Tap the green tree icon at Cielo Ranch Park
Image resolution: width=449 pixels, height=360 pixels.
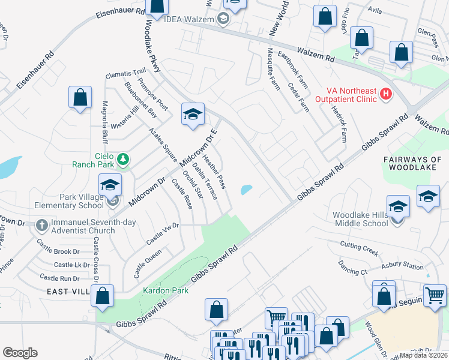tap(123, 158)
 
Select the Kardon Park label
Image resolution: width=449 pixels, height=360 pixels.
tap(166, 290)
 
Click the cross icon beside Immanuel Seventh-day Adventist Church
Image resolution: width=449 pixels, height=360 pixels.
tap(41, 226)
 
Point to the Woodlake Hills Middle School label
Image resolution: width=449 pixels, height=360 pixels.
tap(360, 219)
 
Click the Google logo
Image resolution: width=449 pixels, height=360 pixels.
tap(20, 352)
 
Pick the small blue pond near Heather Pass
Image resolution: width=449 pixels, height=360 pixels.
tap(246, 190)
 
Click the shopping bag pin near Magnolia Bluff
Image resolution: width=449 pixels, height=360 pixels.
tap(80, 98)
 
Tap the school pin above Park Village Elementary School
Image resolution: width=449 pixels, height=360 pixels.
tap(110, 185)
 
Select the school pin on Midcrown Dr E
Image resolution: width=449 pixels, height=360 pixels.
tap(193, 115)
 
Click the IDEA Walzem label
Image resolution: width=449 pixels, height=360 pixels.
tap(189, 19)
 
